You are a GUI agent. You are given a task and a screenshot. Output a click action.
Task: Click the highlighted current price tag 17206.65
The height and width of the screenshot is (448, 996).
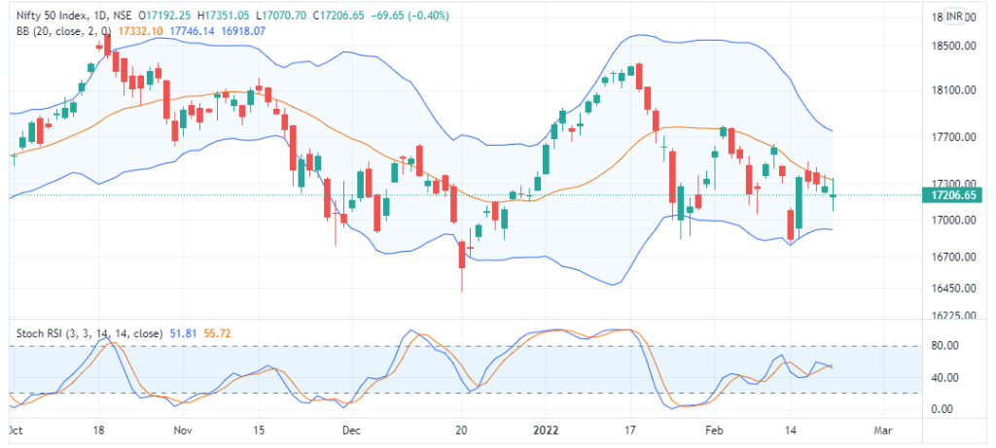[x=954, y=195]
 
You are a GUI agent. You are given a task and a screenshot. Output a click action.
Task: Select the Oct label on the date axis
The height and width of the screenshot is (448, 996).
[x=15, y=429]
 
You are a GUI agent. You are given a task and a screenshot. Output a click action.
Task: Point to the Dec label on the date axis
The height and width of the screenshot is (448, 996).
[x=353, y=429]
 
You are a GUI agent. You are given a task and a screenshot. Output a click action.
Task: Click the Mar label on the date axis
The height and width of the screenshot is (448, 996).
[x=882, y=429]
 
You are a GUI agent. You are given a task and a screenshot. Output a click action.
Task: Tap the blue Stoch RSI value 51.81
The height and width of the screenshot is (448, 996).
[x=183, y=332]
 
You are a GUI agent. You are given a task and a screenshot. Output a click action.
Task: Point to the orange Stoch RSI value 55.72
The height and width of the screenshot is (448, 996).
[x=219, y=332]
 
